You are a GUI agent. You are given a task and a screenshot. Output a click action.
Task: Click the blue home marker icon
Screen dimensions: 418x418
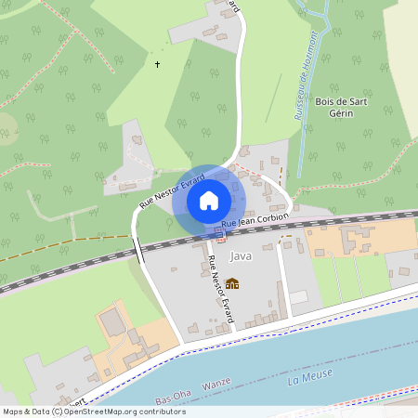pos(209,200)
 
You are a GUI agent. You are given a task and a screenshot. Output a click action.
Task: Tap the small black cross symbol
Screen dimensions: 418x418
pos(157,65)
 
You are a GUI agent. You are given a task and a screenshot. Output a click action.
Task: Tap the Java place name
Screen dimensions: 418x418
pos(241,256)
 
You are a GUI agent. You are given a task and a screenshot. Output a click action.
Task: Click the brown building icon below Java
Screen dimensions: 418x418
pos(232,282)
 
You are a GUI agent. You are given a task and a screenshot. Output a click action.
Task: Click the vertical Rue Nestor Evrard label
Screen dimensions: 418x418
pos(220,291)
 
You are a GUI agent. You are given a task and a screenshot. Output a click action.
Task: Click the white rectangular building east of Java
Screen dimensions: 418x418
pos(298,296)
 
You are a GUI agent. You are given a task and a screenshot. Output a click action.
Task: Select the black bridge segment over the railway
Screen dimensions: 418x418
pos(138,250)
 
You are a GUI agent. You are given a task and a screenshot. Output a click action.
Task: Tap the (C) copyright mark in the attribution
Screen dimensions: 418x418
pos(58,411)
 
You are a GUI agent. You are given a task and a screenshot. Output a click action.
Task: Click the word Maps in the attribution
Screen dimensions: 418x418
pos(13,411)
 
